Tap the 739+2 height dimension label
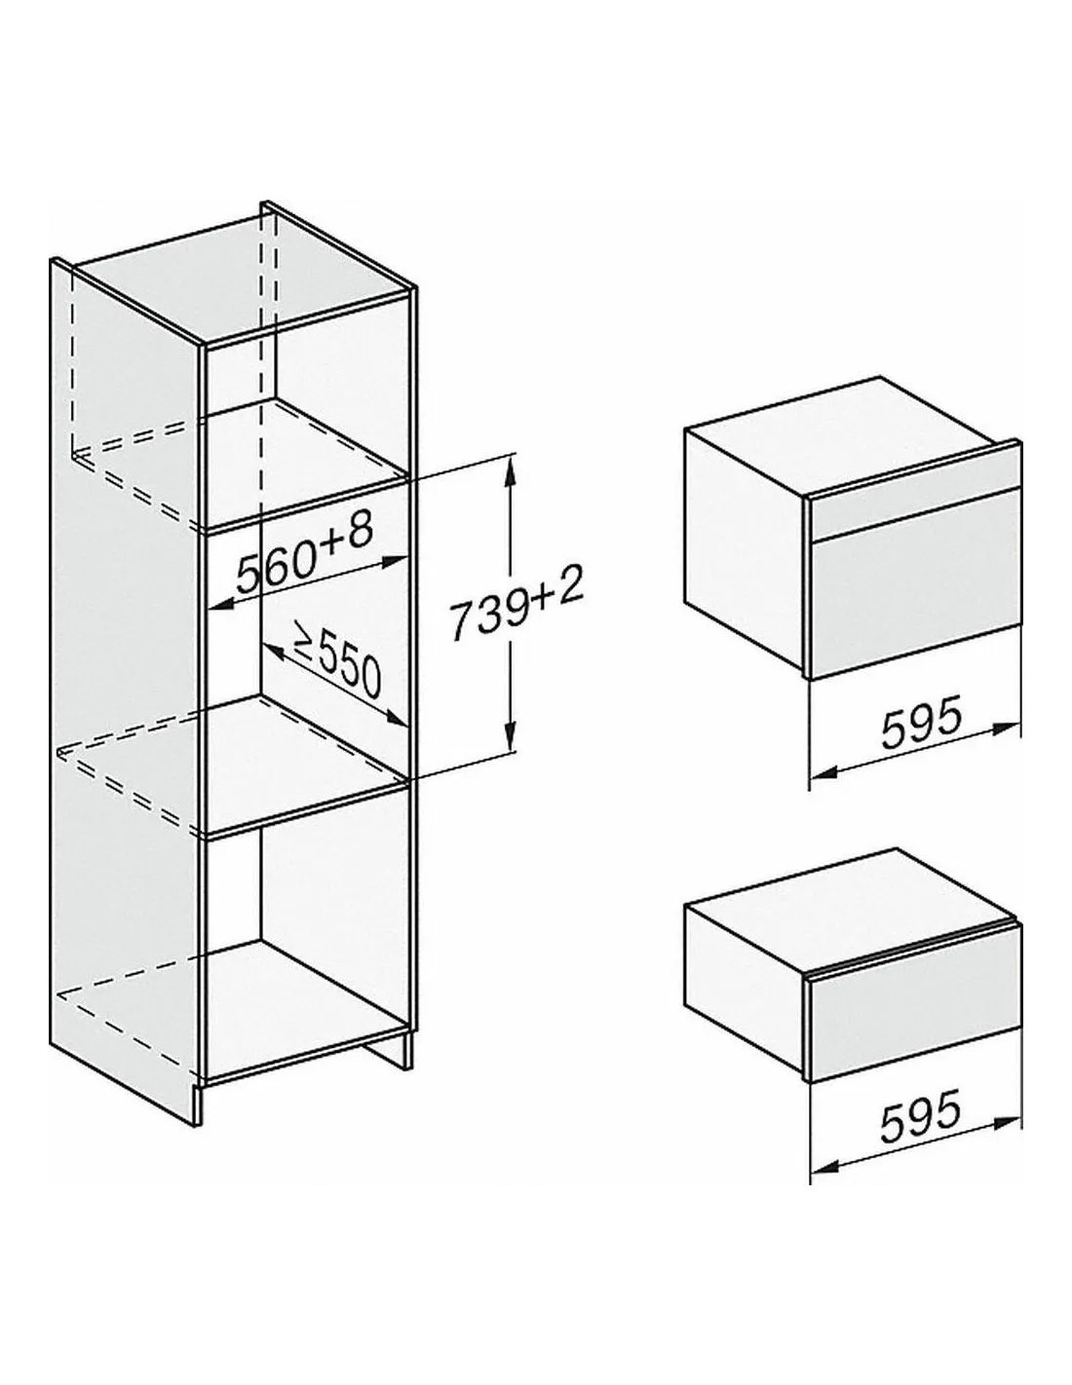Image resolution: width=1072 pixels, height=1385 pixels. click(516, 610)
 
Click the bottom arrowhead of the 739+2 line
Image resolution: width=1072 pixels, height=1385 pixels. click(510, 738)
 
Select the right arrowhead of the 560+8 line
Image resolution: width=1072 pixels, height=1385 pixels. click(395, 560)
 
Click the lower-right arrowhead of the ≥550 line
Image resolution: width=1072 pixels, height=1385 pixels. click(397, 720)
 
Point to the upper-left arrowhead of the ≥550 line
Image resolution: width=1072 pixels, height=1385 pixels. click(272, 649)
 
